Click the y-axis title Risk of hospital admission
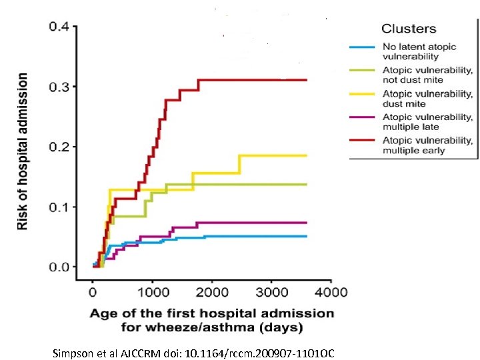click(x=23, y=152)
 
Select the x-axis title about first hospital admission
click(x=212, y=320)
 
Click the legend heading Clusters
click(x=409, y=29)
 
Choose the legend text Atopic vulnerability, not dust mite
click(x=427, y=75)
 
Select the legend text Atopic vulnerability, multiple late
click(x=427, y=121)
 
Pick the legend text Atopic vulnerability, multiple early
click(x=427, y=145)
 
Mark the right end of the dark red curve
click(x=307, y=80)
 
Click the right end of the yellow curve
click(x=307, y=155)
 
